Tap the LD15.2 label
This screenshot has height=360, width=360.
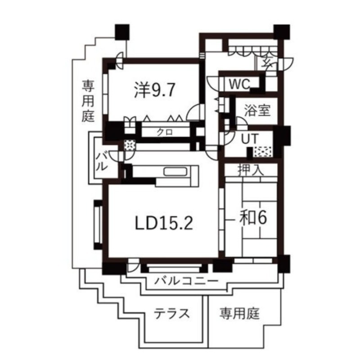click(164, 222)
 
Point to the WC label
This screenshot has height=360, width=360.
click(239, 84)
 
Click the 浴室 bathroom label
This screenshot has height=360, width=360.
click(257, 110)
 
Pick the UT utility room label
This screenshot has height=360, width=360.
click(249, 139)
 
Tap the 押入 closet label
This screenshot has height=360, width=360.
click(251, 170)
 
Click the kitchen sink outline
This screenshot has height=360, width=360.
click(178, 172)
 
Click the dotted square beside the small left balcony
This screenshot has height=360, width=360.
click(129, 145)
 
